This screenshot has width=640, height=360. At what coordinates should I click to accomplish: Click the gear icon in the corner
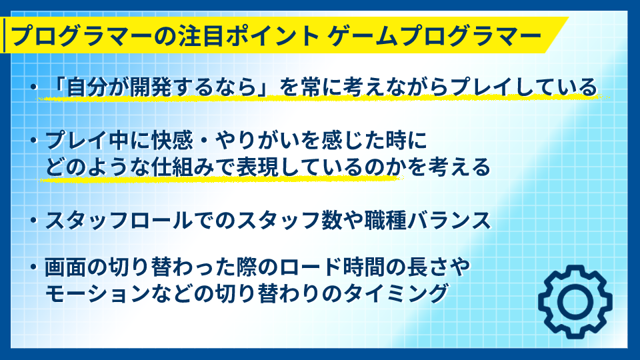575,301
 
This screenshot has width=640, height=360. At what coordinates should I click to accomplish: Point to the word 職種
385,221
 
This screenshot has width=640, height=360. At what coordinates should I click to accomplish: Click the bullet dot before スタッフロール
34,221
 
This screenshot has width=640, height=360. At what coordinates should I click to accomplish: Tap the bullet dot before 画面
34,268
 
